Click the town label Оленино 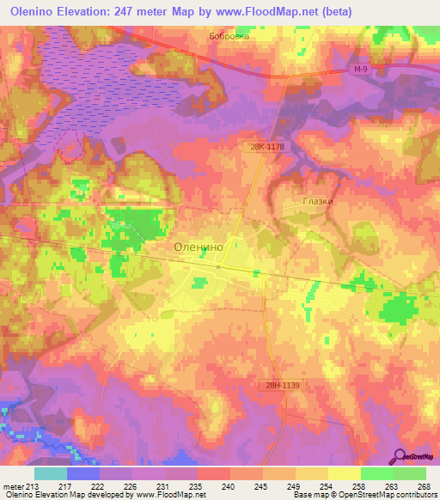pos(199,246)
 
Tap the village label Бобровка pos(229,37)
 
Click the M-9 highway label pos(361,69)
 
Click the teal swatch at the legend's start pos(51,473)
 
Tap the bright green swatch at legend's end pos(409,473)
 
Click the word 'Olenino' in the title pos(30,9)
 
